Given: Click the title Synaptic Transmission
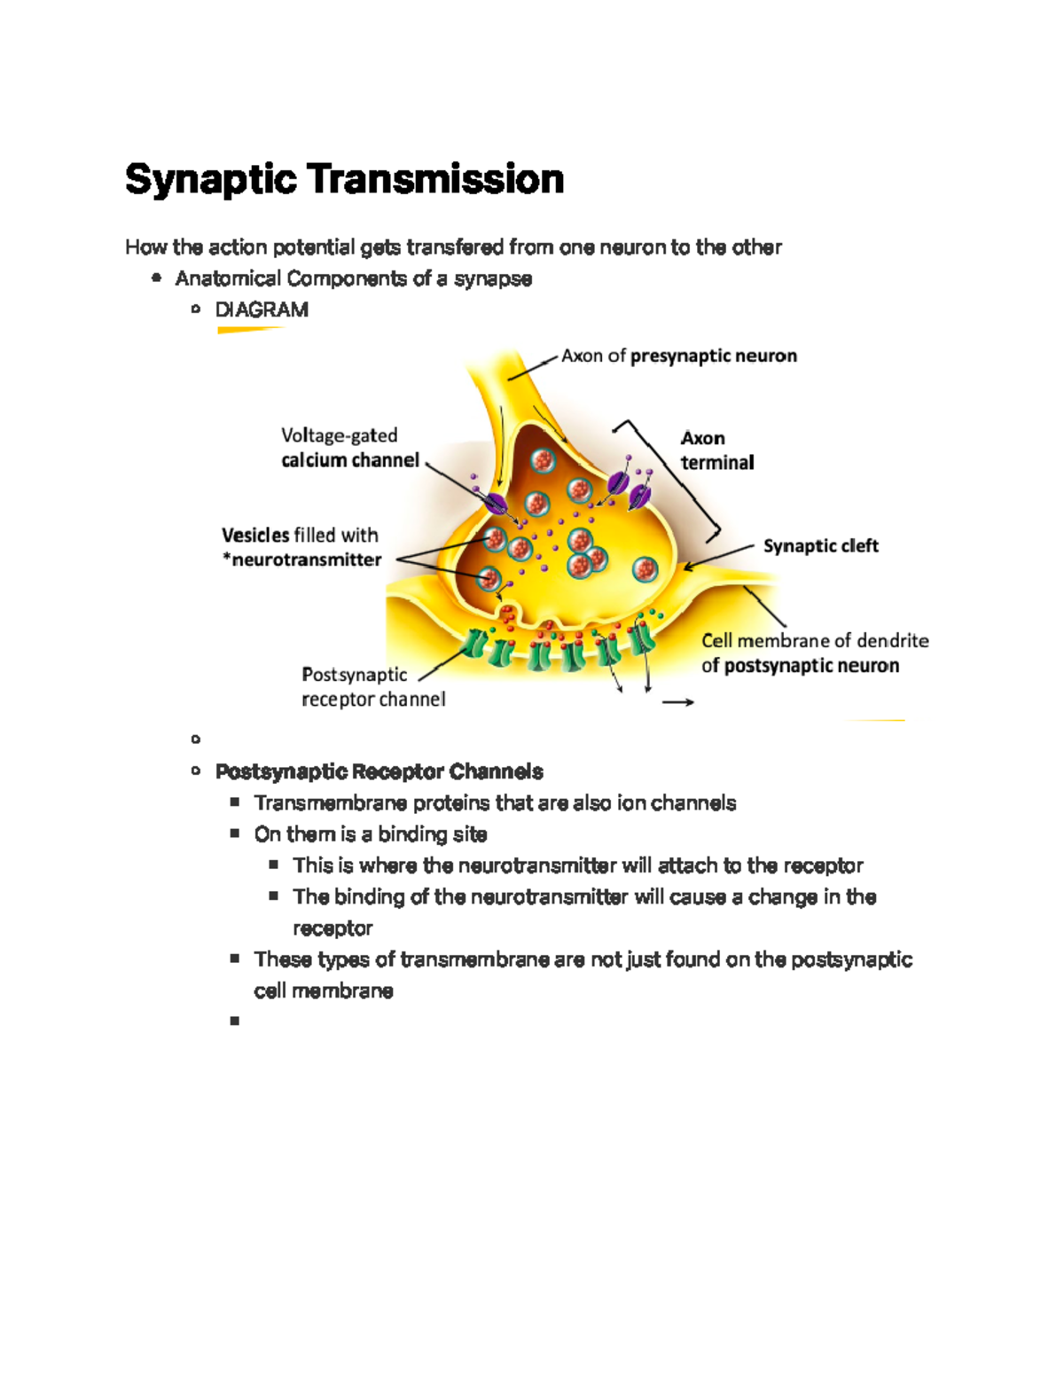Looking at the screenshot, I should (x=344, y=179).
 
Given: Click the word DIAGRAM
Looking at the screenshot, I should (x=262, y=309).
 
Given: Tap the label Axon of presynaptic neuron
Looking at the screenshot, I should (x=679, y=356).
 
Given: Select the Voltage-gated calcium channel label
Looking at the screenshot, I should (x=349, y=448).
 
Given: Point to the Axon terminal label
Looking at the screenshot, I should (x=716, y=450).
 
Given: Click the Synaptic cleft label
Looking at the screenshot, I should (x=820, y=545).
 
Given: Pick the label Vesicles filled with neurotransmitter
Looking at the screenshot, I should (x=301, y=547).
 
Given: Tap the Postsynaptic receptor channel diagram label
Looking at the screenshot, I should (x=372, y=686).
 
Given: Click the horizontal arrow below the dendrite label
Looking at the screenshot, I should (x=678, y=702).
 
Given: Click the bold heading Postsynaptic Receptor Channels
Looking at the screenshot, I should (x=379, y=771).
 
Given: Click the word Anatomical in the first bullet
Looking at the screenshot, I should (x=228, y=278).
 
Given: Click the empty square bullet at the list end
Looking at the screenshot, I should (x=234, y=1021).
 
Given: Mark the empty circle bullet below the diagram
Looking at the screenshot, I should (x=195, y=739).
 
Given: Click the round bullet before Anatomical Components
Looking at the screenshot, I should (x=157, y=278).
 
